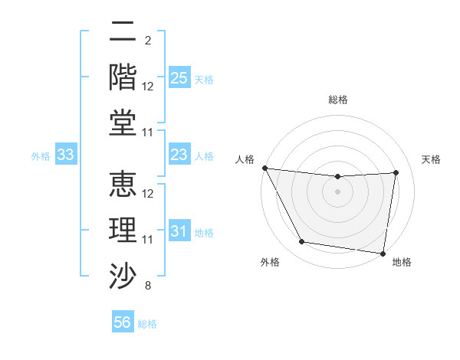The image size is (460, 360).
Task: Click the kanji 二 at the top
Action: tap(123, 33)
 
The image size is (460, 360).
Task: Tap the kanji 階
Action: tap(123, 78)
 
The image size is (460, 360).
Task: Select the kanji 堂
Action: tap(123, 123)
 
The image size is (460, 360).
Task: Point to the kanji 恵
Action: tap(123, 186)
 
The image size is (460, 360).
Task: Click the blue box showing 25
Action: tap(179, 78)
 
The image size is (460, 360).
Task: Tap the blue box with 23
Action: tap(179, 155)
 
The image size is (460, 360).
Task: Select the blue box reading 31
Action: tap(179, 231)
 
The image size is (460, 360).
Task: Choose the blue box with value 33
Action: tap(66, 155)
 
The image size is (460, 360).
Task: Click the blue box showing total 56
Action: tap(123, 322)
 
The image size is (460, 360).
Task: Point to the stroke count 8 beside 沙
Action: tap(147, 286)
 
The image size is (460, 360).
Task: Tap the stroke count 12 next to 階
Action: tap(148, 87)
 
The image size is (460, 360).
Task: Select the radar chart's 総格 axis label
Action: tap(338, 100)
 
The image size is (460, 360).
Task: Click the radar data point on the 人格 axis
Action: tap(264, 168)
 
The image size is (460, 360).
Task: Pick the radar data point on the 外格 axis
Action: tap(301, 243)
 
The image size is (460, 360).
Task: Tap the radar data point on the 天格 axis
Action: tap(396, 172)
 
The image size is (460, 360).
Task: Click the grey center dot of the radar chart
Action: tap(338, 191)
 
